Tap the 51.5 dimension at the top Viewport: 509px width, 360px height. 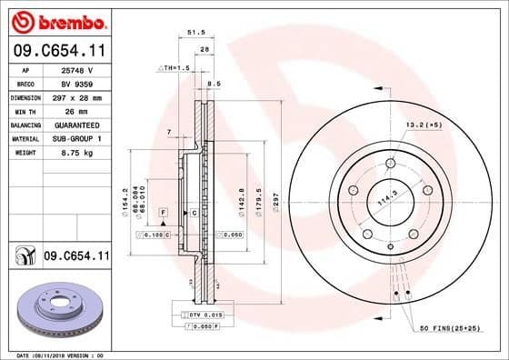pos(194,32)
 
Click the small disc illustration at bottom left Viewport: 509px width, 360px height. pos(56,310)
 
